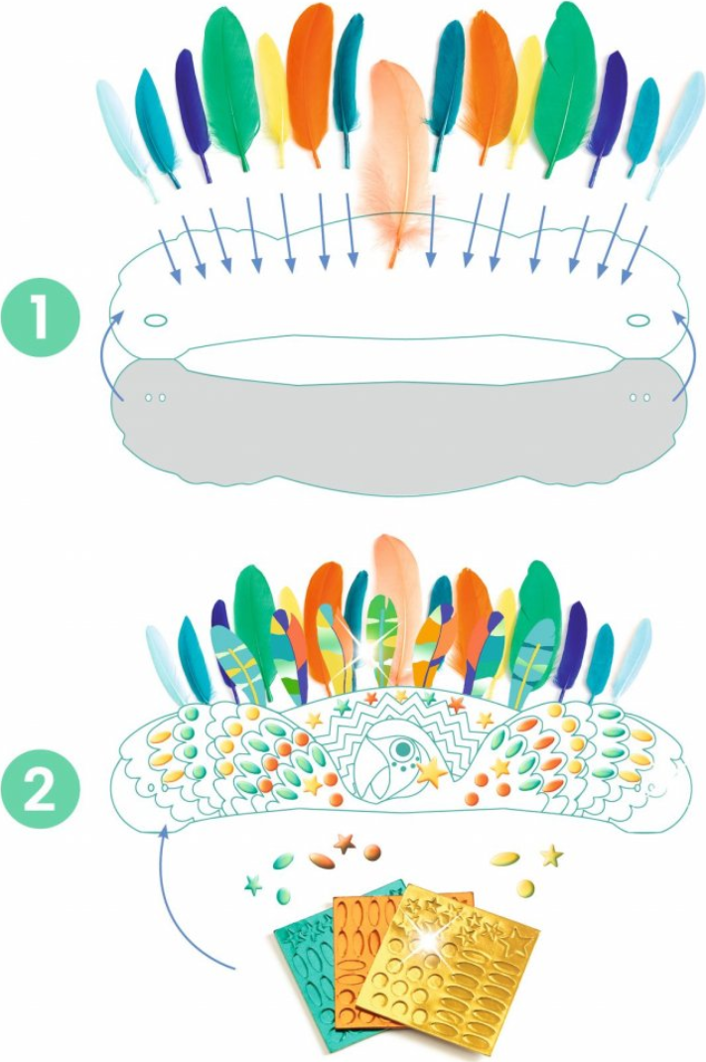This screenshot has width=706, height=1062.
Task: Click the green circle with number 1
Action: click(41, 318)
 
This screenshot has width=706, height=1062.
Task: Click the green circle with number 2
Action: click(41, 789)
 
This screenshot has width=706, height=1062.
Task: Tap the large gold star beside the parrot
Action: click(432, 772)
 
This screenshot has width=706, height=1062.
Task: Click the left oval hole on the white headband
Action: click(155, 320)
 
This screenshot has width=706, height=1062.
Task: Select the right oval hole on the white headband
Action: click(636, 320)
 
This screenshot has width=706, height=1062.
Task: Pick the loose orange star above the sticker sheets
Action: click(345, 844)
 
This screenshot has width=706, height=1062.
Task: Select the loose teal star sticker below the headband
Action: click(253, 884)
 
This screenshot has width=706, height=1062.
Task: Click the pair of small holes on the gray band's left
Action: click(155, 398)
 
